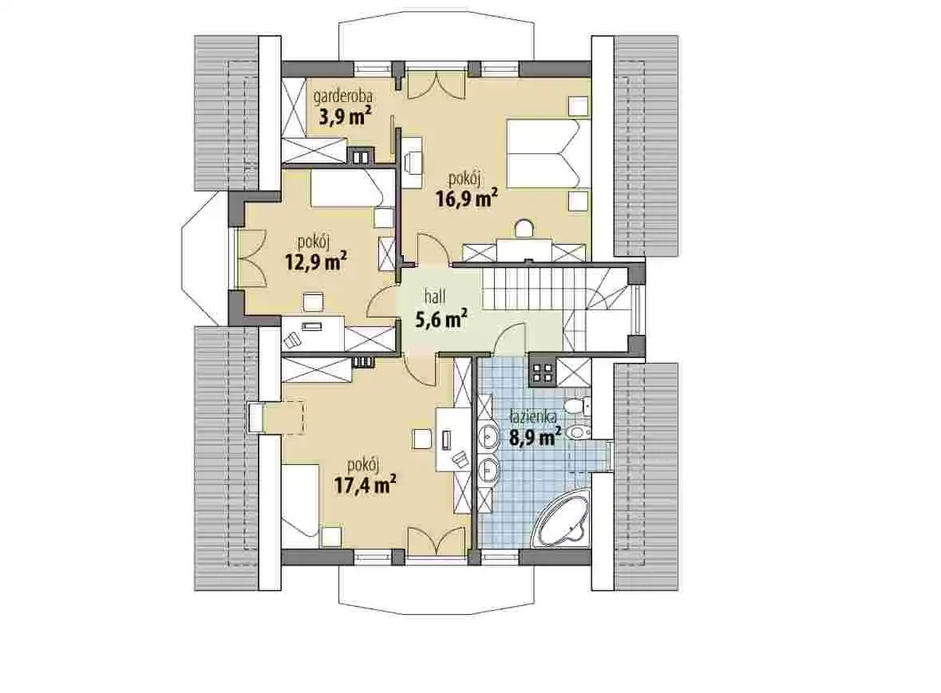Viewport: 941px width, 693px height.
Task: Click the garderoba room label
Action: point(342,96)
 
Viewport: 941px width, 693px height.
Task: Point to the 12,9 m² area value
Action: point(316,262)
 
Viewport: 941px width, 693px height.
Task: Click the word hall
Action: point(435,296)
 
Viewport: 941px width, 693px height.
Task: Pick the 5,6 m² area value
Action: point(441,318)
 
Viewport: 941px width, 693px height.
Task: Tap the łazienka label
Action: point(533,416)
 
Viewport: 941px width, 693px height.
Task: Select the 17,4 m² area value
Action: point(365,484)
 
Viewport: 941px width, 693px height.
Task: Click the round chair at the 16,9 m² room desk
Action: point(525,229)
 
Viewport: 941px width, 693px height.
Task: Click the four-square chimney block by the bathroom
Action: point(543,372)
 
